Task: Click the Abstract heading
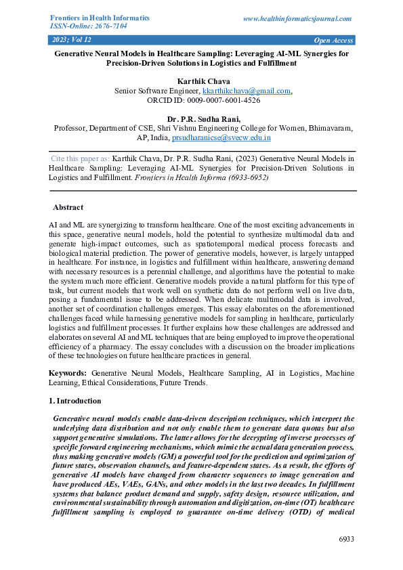click(68, 208)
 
